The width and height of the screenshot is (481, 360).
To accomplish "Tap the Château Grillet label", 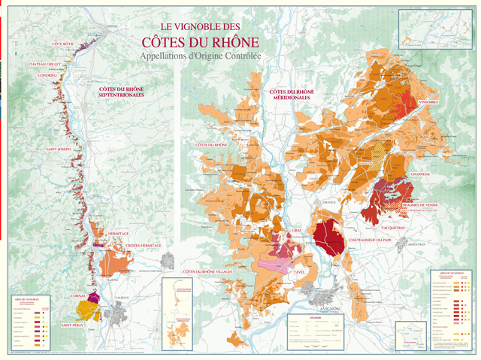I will tap(44, 65).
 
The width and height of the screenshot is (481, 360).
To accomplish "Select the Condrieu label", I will tap(40, 74).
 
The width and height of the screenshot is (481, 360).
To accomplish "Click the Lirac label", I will tap(298, 231).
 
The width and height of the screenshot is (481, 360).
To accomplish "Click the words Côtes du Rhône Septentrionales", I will tap(122, 93).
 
